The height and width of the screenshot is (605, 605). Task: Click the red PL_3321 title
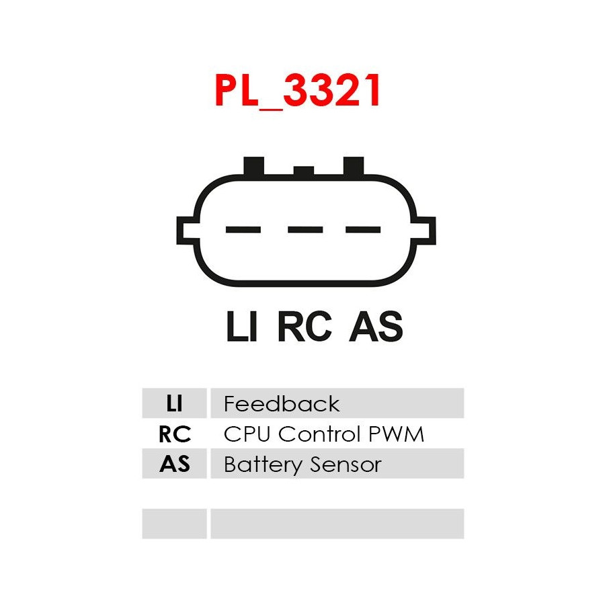(298, 91)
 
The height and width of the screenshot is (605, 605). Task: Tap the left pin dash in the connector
(243, 230)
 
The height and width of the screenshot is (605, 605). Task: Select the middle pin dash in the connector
(305, 230)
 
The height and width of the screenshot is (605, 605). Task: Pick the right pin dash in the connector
(363, 230)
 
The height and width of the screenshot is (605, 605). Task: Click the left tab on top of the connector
(253, 166)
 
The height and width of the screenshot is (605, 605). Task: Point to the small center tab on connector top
(304, 171)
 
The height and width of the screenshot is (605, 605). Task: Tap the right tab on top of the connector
(354, 166)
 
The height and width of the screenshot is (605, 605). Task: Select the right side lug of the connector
(426, 231)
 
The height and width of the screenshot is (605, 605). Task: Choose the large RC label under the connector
(305, 328)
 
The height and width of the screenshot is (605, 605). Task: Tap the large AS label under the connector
(376, 328)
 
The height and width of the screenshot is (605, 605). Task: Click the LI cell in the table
(174, 403)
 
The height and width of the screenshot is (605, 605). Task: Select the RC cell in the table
(174, 434)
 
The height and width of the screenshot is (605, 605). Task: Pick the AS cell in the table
(174, 464)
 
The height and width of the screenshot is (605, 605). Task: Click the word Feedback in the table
(281, 403)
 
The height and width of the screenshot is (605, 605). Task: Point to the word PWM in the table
(399, 434)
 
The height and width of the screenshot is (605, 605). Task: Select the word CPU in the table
(247, 434)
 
